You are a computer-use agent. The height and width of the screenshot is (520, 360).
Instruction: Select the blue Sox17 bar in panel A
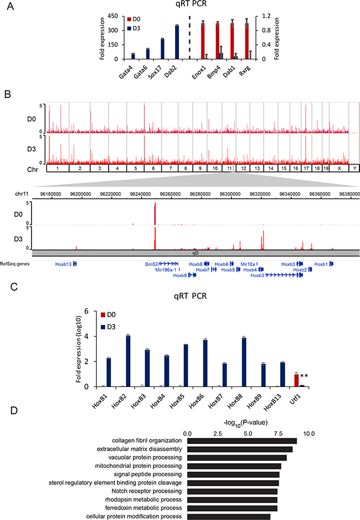tap(162, 49)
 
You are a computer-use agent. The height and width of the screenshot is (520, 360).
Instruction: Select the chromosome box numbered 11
tap(228, 167)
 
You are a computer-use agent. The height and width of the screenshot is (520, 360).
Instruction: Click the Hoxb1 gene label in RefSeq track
tap(322, 264)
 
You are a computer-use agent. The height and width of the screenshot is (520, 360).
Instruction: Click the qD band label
tap(195, 252)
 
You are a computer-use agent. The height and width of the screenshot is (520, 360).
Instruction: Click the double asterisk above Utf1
tap(304, 376)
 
